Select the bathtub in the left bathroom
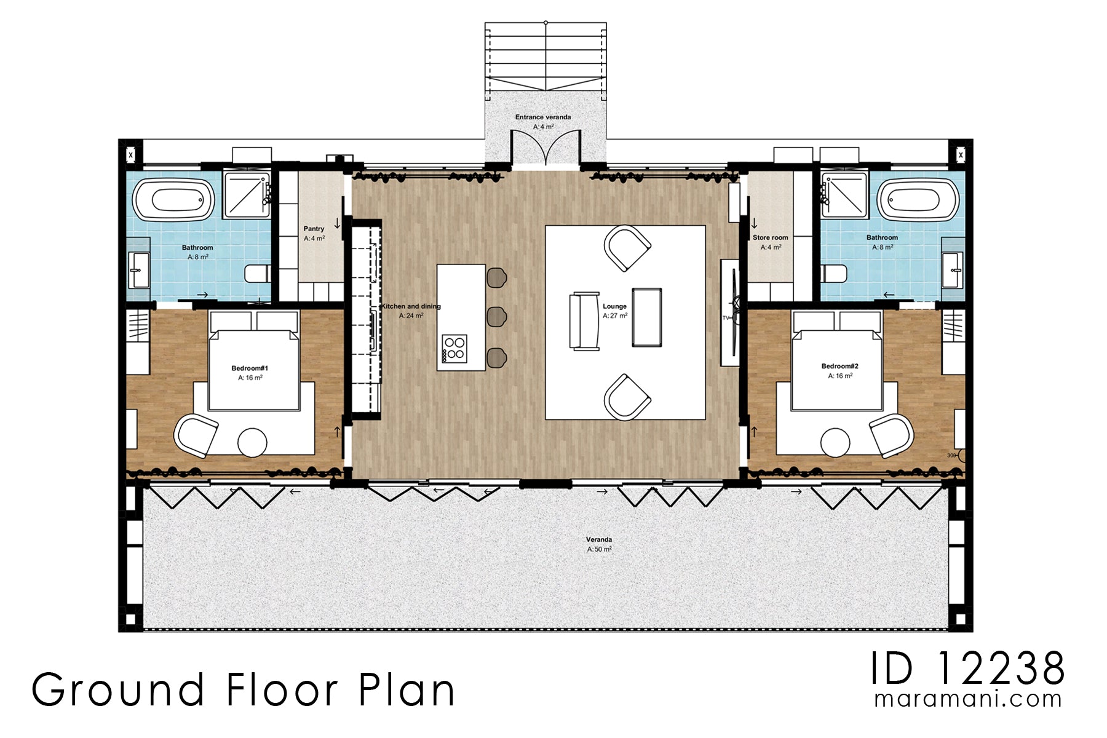(174, 200)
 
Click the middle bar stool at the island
(496, 317)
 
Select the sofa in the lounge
(584, 321)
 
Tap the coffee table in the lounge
(647, 317)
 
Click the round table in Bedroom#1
(252, 442)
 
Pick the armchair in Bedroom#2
(891, 435)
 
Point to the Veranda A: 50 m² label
(598, 544)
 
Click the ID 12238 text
(967, 669)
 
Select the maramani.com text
(967, 700)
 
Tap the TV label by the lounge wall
(726, 318)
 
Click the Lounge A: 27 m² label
(614, 311)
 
